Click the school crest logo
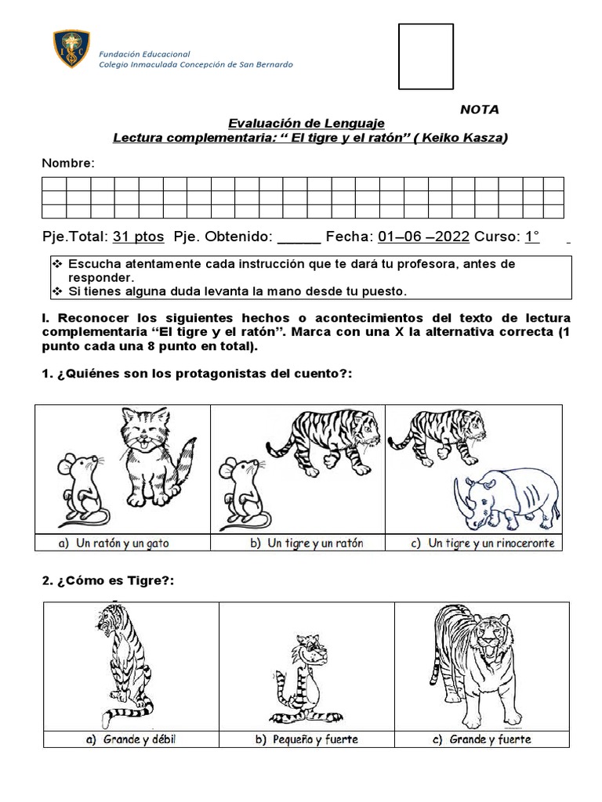(x=71, y=49)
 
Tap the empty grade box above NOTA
(x=426, y=56)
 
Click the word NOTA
(x=479, y=110)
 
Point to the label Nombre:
(x=68, y=163)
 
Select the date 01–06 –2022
(x=423, y=237)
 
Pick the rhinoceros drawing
(x=506, y=497)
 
